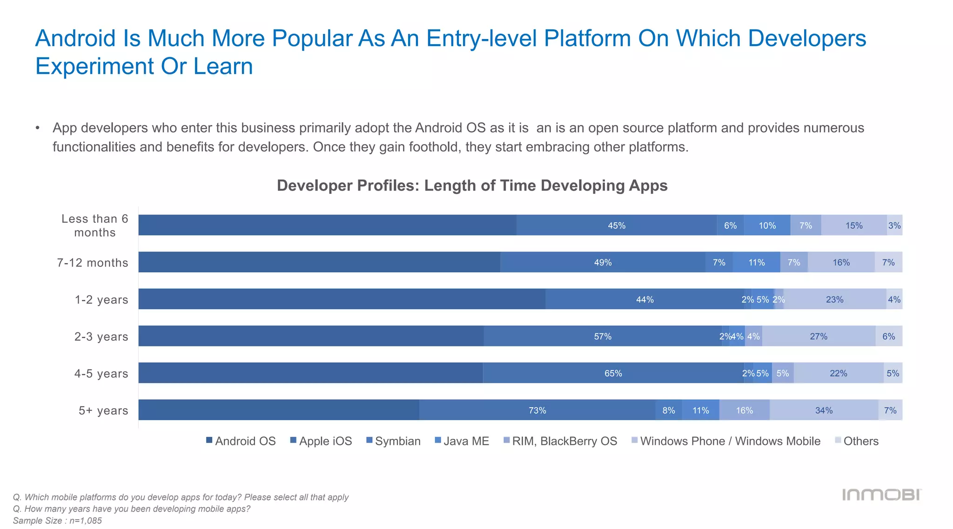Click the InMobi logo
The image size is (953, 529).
point(881,495)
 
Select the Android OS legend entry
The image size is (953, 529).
point(241,441)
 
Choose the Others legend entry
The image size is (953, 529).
point(857,441)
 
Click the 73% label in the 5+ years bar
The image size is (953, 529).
point(537,410)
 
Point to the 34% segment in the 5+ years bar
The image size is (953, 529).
point(824,410)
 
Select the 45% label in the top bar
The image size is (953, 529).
point(617,225)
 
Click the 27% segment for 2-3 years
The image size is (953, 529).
point(819,336)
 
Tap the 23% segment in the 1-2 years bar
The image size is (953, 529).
point(834,299)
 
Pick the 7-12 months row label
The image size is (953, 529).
point(92,263)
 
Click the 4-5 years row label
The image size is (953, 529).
point(101,373)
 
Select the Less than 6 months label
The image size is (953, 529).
point(94,225)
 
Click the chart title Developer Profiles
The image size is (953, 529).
point(472,185)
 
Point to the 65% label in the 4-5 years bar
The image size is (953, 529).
point(613,373)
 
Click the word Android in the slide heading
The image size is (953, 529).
point(75,38)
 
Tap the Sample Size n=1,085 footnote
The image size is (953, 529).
point(57,521)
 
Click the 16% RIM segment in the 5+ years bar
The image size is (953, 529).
point(744,410)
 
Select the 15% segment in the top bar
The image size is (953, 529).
point(854,225)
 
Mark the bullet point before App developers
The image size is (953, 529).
point(38,128)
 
